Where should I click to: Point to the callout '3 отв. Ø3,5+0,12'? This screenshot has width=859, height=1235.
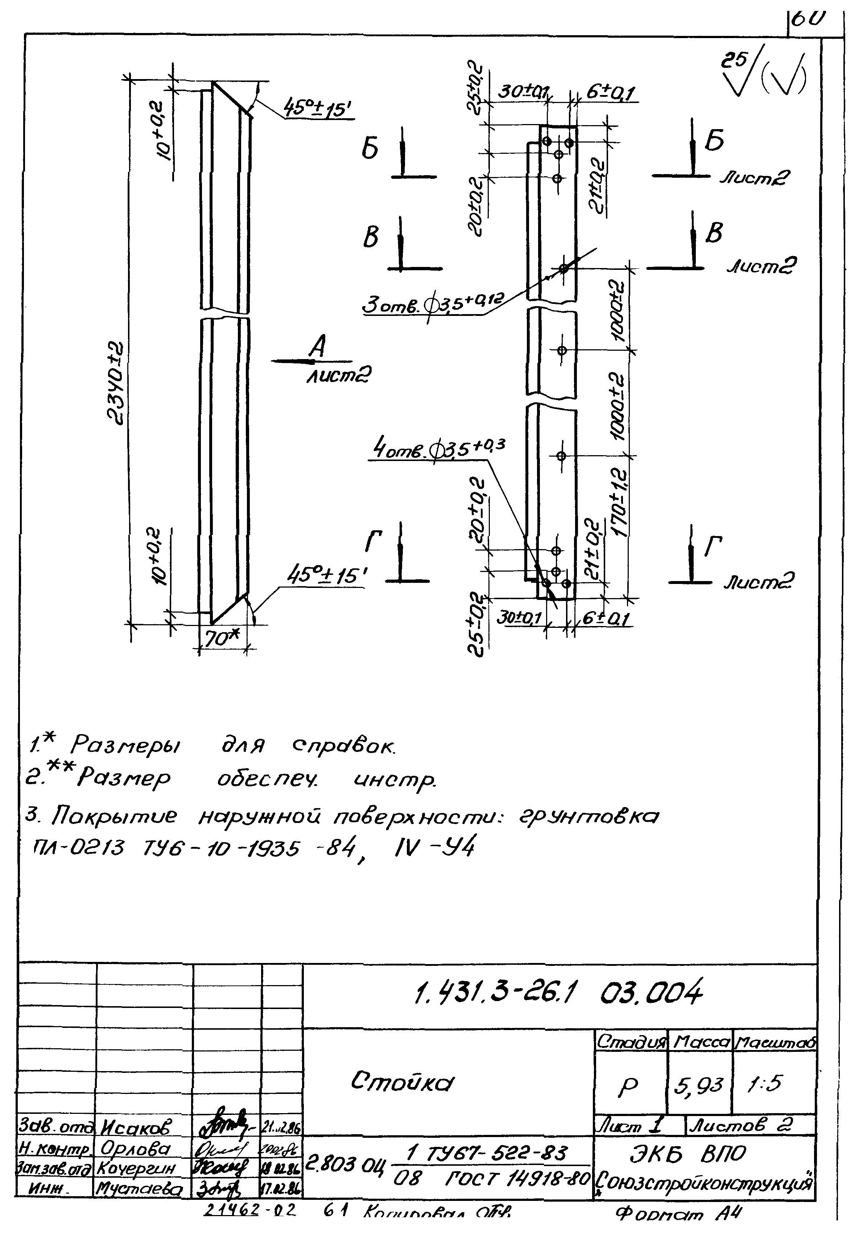pos(430,305)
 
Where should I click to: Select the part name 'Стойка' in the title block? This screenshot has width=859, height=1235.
pos(402,1081)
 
